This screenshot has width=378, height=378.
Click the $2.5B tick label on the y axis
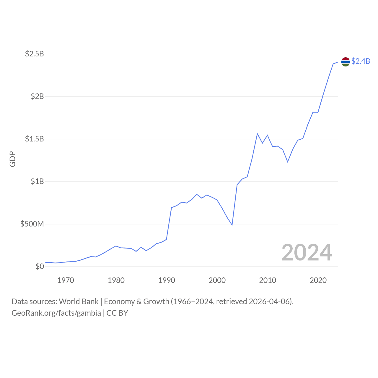coord(34,54)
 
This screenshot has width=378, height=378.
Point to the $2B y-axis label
coord(37,96)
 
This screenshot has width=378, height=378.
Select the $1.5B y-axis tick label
coord(34,139)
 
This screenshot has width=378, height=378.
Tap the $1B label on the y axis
coord(37,181)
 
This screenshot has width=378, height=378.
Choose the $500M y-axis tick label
coord(32,224)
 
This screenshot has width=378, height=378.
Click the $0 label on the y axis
coord(40,266)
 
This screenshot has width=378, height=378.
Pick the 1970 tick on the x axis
coord(66,280)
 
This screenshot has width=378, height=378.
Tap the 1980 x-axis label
coord(116,280)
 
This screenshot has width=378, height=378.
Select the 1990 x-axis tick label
coord(167,280)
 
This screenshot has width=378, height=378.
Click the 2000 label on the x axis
coord(217,280)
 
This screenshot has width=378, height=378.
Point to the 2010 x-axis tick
coord(268,280)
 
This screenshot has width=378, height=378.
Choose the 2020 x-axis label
coord(318,280)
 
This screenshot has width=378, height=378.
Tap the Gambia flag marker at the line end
coord(346,62)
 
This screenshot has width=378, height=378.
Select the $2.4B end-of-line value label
coord(361,61)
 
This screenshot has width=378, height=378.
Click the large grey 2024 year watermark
coord(307,252)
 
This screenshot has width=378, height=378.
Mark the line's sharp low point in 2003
coord(232,225)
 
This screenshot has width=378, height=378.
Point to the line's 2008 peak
coord(257,133)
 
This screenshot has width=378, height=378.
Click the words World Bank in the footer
coord(79,302)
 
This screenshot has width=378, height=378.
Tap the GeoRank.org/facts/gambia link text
coord(56,313)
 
